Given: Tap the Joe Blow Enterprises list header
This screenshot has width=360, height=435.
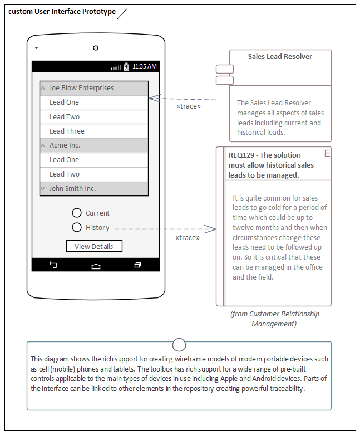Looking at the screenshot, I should (x=93, y=88).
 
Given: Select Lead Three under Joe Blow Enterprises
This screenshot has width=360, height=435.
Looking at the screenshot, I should (x=93, y=131).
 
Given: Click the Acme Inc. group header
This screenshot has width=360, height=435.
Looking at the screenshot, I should (x=93, y=145).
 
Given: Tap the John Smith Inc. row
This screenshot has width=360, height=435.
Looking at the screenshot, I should (x=93, y=189).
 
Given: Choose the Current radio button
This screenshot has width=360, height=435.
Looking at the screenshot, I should (x=77, y=213).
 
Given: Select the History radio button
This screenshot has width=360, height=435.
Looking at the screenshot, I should (x=77, y=227).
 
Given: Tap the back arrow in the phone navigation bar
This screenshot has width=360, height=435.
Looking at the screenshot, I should (x=53, y=265).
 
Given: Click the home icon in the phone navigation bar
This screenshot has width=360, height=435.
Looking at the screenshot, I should (x=96, y=266).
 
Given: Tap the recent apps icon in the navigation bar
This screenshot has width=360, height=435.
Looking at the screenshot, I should (x=137, y=265).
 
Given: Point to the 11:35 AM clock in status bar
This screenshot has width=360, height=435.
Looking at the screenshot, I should (x=145, y=66).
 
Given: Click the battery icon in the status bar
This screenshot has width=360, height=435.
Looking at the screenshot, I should (x=126, y=66).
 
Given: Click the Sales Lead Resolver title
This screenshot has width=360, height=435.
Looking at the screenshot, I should (x=280, y=57).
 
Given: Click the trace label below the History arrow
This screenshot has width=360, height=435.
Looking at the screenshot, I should (x=188, y=238).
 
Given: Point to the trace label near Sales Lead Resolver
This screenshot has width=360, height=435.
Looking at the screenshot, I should (x=188, y=106).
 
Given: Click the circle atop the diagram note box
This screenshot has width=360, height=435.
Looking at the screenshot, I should (x=179, y=343).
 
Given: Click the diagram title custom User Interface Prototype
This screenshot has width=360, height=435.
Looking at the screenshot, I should (x=62, y=12).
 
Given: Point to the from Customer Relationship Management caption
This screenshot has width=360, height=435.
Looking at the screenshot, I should (x=274, y=319).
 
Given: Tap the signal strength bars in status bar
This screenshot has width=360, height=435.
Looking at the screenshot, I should (x=116, y=67).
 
